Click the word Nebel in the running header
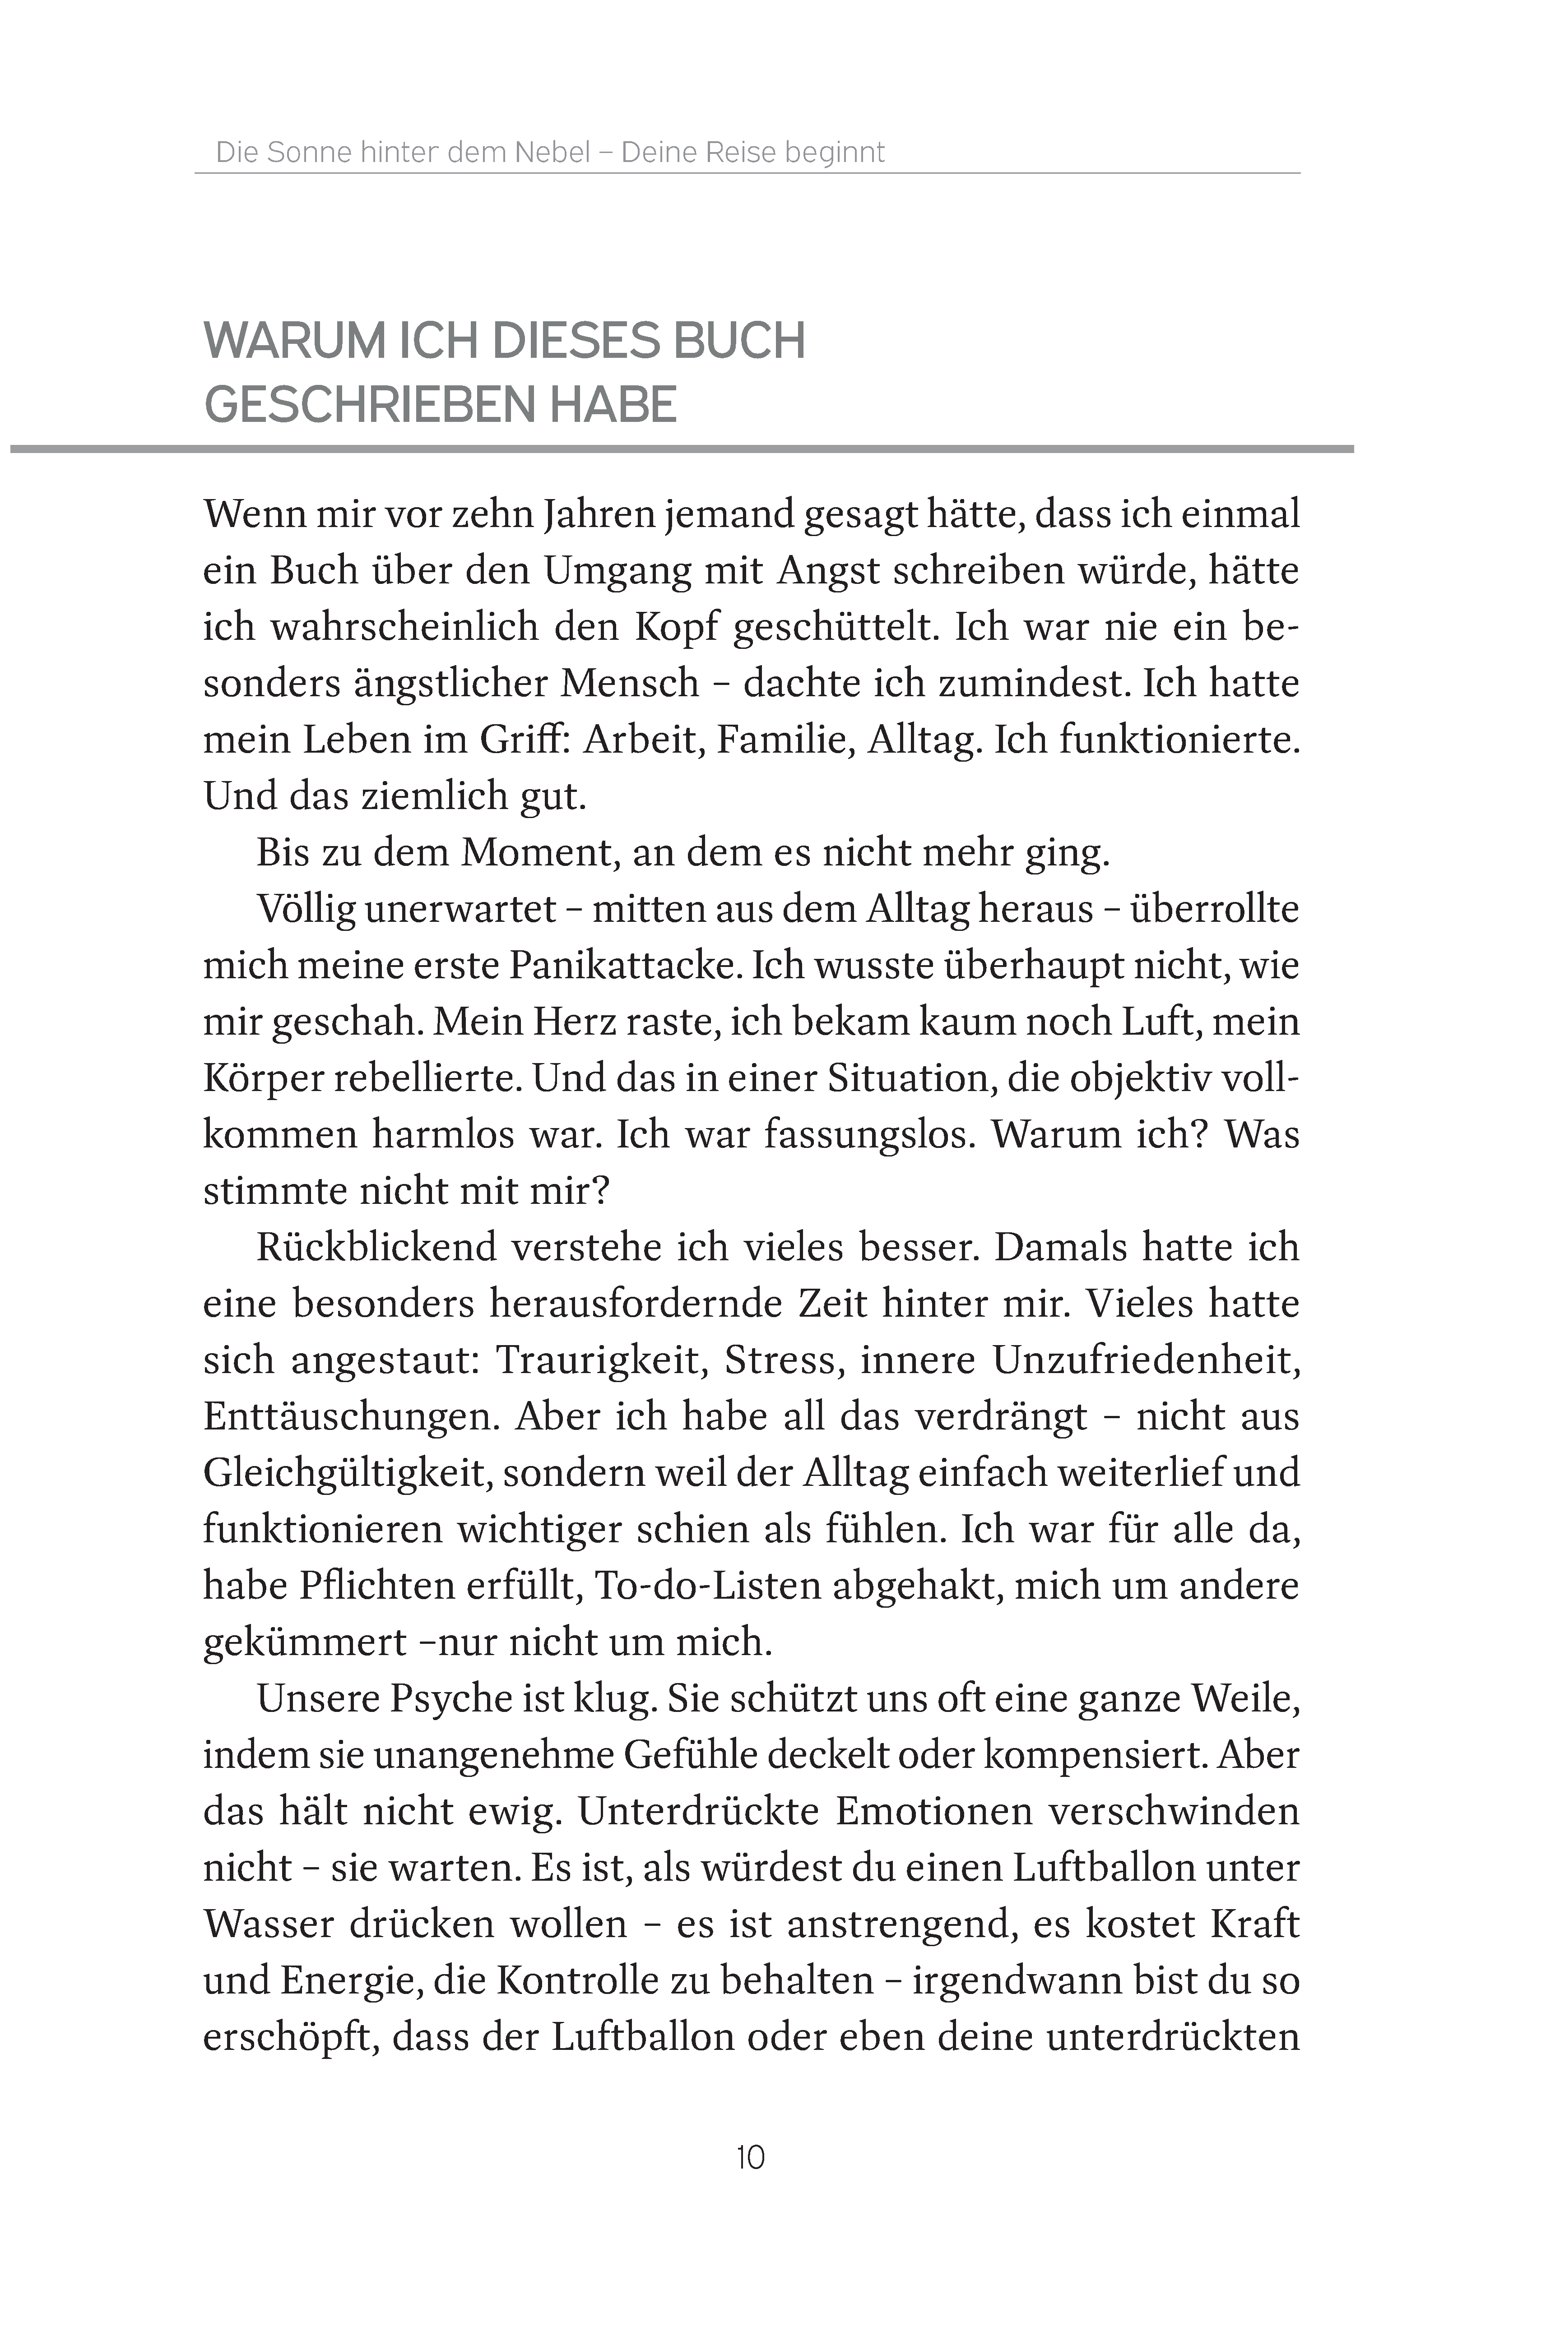coord(552,153)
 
